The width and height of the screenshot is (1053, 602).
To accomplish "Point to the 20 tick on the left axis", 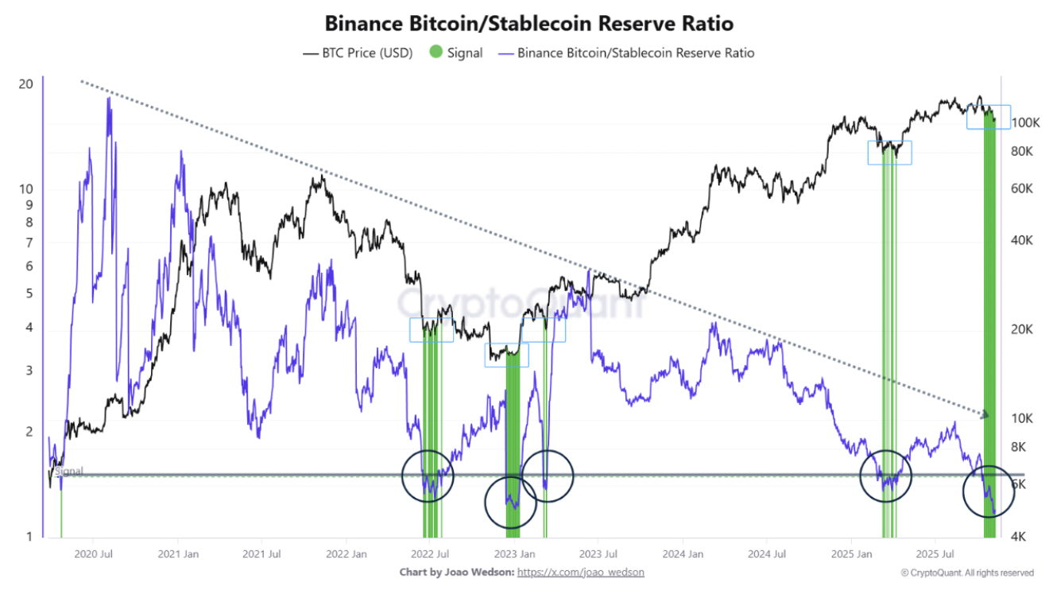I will (x=25, y=84).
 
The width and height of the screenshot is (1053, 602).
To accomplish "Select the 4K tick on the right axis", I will (x=1021, y=537).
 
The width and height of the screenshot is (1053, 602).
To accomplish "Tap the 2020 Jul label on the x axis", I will (x=94, y=553).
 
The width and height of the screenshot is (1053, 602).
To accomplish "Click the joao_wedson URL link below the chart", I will (x=580, y=572).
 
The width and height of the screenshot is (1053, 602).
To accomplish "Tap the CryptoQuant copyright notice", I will (x=967, y=573).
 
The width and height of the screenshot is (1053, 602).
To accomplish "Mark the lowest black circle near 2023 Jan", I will (x=510, y=502).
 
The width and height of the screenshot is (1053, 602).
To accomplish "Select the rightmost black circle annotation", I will (x=989, y=491).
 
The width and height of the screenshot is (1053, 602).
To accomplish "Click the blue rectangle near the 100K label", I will (x=988, y=117).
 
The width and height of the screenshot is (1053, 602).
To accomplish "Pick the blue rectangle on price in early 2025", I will (x=889, y=153).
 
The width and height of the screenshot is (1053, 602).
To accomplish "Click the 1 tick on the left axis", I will (x=29, y=537).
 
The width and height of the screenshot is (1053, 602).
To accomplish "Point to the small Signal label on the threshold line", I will (x=69, y=472).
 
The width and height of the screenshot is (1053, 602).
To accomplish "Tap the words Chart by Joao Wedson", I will (x=456, y=572).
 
